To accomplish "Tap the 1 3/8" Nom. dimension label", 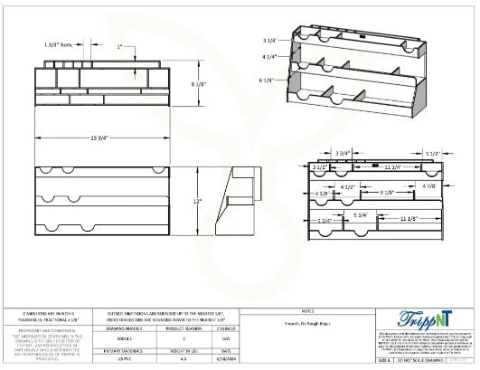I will click(59, 43).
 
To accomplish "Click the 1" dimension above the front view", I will click(121, 44).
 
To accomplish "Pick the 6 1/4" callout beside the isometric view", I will click(268, 81).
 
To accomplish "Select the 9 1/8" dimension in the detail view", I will click(386, 192).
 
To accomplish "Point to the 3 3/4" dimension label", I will click(344, 154).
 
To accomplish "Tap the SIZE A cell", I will click(382, 359).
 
